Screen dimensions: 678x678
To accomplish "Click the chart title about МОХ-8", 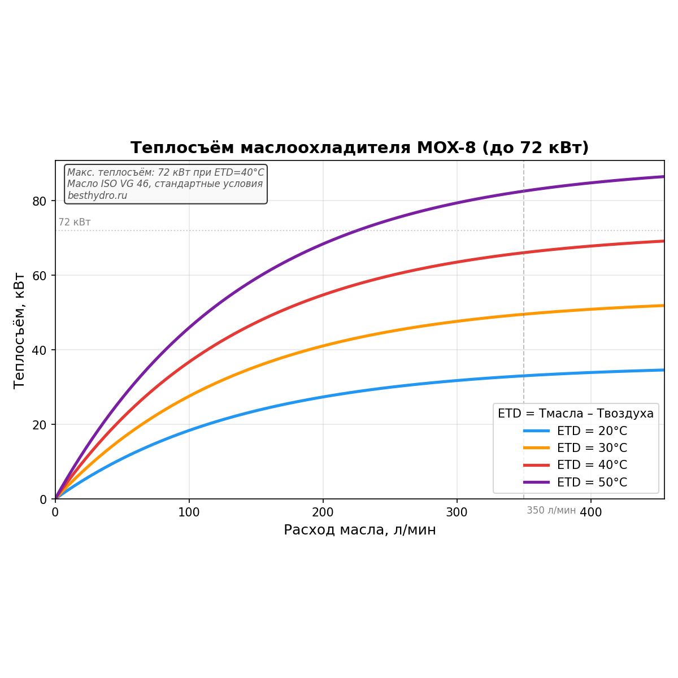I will point(359,148).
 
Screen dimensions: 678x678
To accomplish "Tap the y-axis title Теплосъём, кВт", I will point(19,330).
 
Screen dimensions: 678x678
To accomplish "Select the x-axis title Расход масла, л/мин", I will point(359,530).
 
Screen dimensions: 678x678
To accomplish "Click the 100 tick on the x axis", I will point(189,512).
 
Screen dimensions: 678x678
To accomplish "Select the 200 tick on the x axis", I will point(323,512).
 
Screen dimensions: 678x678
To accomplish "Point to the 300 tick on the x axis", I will point(457,512).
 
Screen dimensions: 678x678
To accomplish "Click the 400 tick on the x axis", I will point(591,512).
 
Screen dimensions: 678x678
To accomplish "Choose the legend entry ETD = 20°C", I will point(592,431).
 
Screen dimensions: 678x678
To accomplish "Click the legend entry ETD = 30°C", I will point(592,448).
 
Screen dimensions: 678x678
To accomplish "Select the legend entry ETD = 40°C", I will point(592,465).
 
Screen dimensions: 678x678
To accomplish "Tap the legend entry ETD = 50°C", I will point(592,483).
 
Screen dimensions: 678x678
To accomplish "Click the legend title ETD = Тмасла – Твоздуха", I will point(575,414).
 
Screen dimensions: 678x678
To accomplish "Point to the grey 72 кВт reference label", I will point(75,223).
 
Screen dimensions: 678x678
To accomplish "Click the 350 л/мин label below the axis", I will point(551,511).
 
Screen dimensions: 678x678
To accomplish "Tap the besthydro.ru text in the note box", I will point(97,195).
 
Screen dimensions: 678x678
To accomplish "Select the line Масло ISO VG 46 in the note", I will point(165,184).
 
